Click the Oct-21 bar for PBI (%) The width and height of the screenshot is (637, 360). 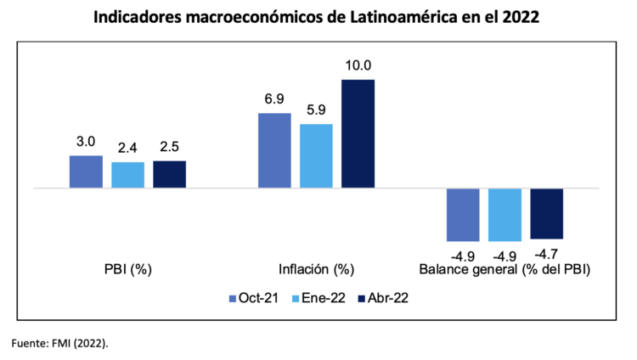(x=86, y=172)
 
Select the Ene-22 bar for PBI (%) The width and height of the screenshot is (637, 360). (x=127, y=175)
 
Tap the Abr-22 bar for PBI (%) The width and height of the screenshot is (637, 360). (x=169, y=174)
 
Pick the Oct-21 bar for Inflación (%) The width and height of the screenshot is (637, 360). (x=273, y=150)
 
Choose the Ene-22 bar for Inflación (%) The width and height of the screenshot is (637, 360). (x=316, y=155)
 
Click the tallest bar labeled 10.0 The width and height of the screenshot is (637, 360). (x=358, y=133)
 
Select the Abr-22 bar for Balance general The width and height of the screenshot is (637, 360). (x=546, y=214)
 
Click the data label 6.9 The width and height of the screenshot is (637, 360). (x=273, y=99)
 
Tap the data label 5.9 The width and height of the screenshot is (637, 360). (x=316, y=110)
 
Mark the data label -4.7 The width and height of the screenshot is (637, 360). (x=546, y=252)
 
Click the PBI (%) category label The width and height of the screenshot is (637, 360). (x=127, y=270)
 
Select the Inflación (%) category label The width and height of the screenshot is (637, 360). (x=315, y=270)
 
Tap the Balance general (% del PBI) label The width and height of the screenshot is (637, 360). (x=505, y=270)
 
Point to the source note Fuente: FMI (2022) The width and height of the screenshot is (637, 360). (x=59, y=343)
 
